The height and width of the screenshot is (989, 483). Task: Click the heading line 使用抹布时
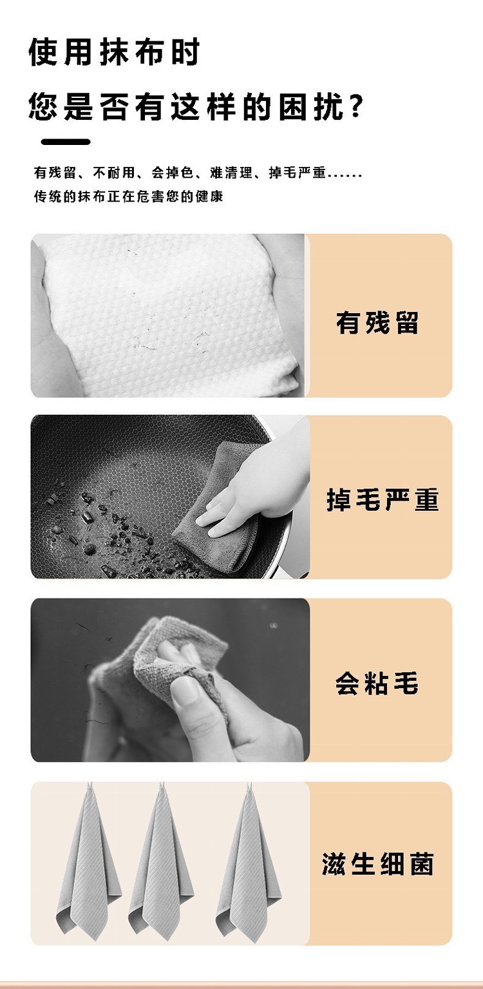click(x=114, y=52)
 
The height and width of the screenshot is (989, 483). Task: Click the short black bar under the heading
click(x=66, y=142)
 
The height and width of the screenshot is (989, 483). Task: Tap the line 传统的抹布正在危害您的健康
click(x=128, y=196)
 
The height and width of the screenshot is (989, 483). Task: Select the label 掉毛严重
click(x=383, y=499)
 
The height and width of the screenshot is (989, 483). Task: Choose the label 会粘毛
click(x=377, y=683)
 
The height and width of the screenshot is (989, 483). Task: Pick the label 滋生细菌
click(x=378, y=863)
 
